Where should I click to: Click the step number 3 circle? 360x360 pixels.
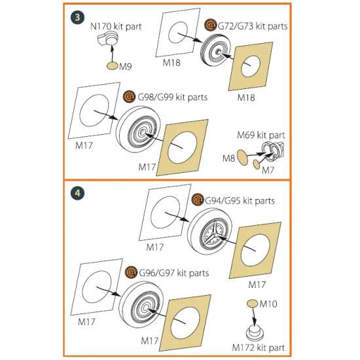coord(77,18)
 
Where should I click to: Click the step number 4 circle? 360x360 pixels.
coord(77,193)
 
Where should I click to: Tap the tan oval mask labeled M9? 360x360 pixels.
coord(113,66)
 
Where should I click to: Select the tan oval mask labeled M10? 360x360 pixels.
coord(252,303)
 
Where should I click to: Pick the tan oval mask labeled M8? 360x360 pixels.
coord(242,157)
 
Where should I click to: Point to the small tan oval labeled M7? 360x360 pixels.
coord(256,164)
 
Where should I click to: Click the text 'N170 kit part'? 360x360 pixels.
coord(116,26)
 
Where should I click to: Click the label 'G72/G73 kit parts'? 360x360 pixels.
coord(252,26)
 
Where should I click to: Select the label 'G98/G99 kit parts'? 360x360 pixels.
coord(172,97)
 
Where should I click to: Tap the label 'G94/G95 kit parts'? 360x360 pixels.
coord(240,201)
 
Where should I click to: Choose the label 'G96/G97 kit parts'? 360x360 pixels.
coord(174,273)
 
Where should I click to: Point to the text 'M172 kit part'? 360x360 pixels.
coord(259,348)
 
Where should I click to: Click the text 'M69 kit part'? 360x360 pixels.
coord(261,135)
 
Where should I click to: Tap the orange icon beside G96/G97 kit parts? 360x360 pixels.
coord(131,272)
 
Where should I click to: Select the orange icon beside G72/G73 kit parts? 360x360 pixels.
coord(210,25)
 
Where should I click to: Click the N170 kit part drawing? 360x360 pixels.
coord(107,39)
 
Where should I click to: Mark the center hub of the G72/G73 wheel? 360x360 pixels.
coord(217,52)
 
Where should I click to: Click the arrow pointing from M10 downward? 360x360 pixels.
coord(254,316)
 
